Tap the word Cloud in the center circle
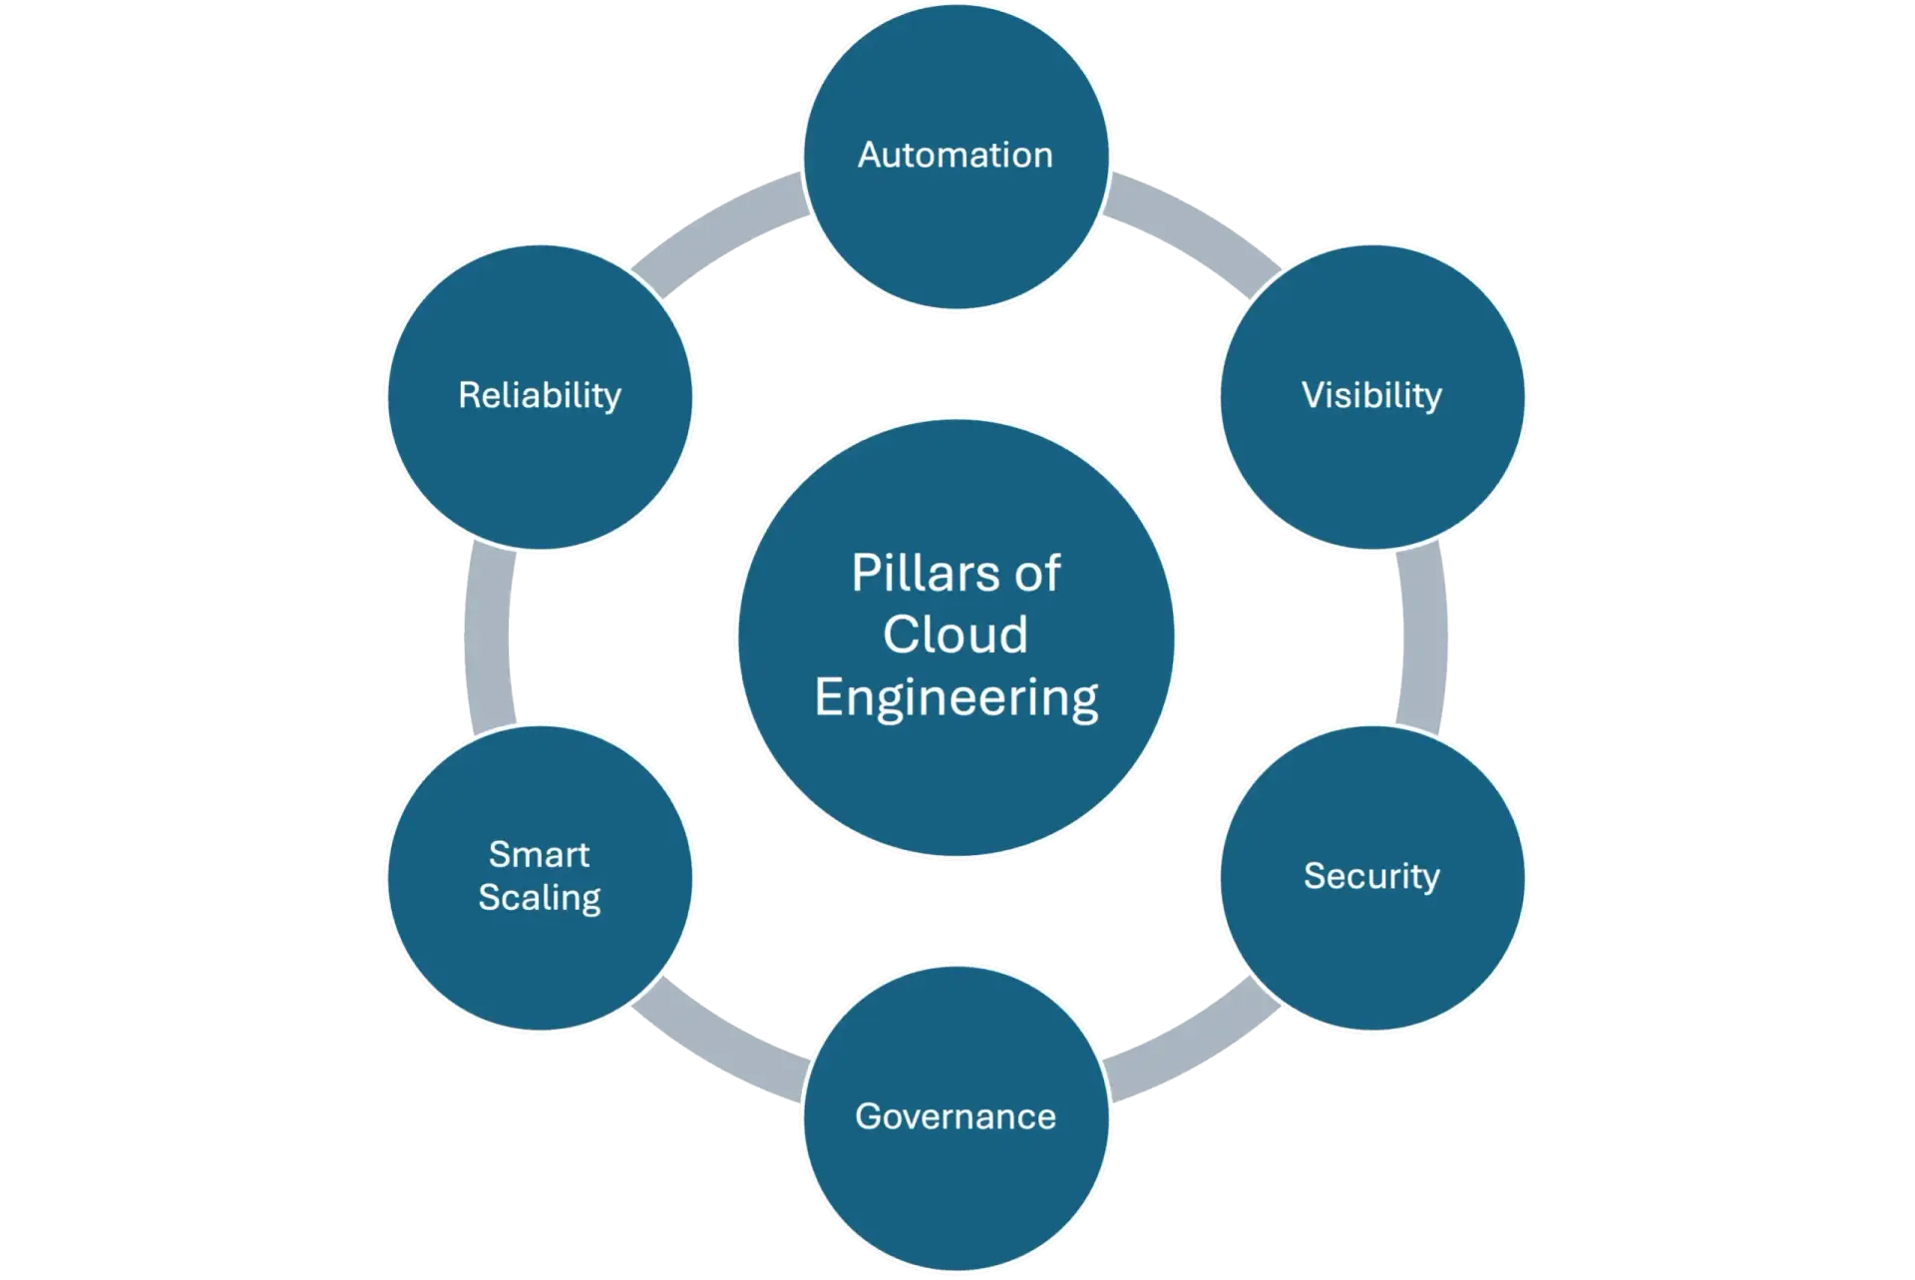tap(956, 635)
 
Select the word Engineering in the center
tap(956, 696)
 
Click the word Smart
tap(539, 854)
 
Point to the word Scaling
tap(539, 897)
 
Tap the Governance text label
tap(956, 1115)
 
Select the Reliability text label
tap(539, 395)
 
